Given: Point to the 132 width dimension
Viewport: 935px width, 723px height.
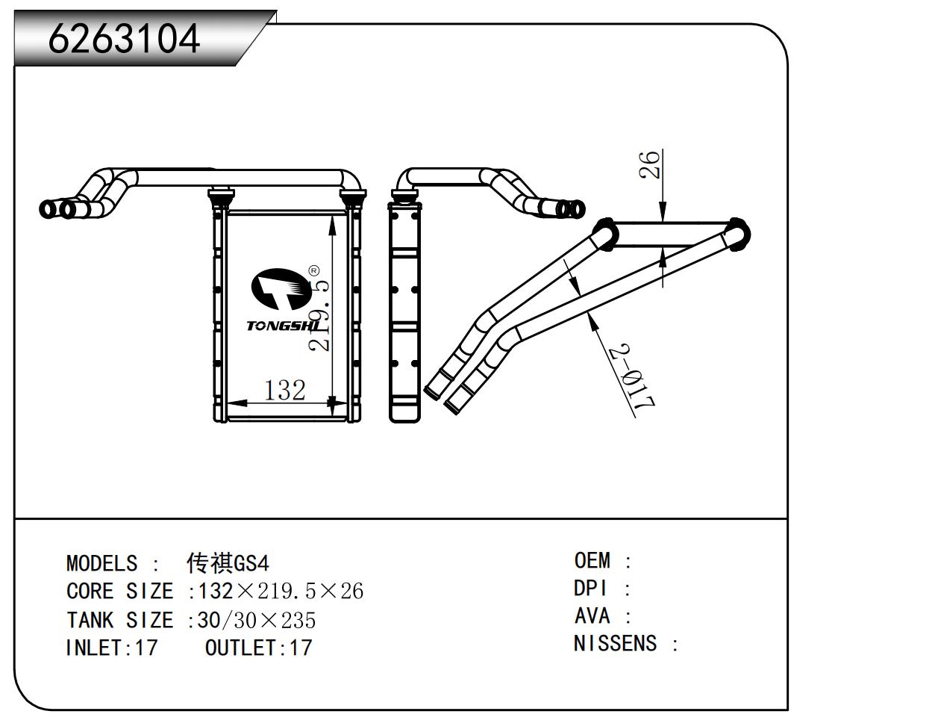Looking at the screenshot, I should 284,390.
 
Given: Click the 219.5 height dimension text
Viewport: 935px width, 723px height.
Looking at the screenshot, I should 320,314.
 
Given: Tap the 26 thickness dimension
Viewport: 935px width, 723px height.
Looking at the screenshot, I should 651,164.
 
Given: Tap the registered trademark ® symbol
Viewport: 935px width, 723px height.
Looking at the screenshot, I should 314,270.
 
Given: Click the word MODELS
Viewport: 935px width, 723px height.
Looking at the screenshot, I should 102,563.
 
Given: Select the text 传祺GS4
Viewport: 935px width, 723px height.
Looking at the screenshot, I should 228,562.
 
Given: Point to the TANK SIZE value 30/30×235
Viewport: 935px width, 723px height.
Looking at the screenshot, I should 257,620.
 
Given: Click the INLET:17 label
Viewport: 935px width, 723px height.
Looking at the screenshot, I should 112,648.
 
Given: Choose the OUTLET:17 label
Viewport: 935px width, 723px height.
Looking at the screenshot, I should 258,648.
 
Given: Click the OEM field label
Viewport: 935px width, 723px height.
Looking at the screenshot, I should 592,560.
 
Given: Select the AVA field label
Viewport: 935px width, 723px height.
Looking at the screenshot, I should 592,616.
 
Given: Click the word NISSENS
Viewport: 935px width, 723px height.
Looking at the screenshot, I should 616,644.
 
